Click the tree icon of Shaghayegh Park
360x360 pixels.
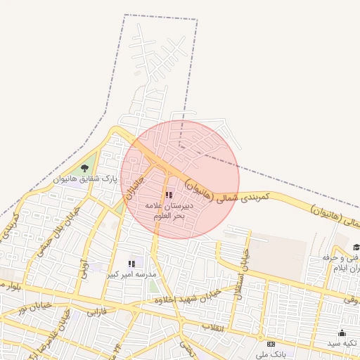coord(84,167)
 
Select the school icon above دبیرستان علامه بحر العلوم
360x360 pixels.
coord(168,195)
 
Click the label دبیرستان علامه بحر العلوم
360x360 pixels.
coord(169,211)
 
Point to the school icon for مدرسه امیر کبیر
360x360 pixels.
coord(131,264)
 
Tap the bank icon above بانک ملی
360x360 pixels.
coord(271,344)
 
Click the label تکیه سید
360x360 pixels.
coord(342,343)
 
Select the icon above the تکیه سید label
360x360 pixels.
coord(342,333)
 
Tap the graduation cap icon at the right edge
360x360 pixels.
coord(356,247)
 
